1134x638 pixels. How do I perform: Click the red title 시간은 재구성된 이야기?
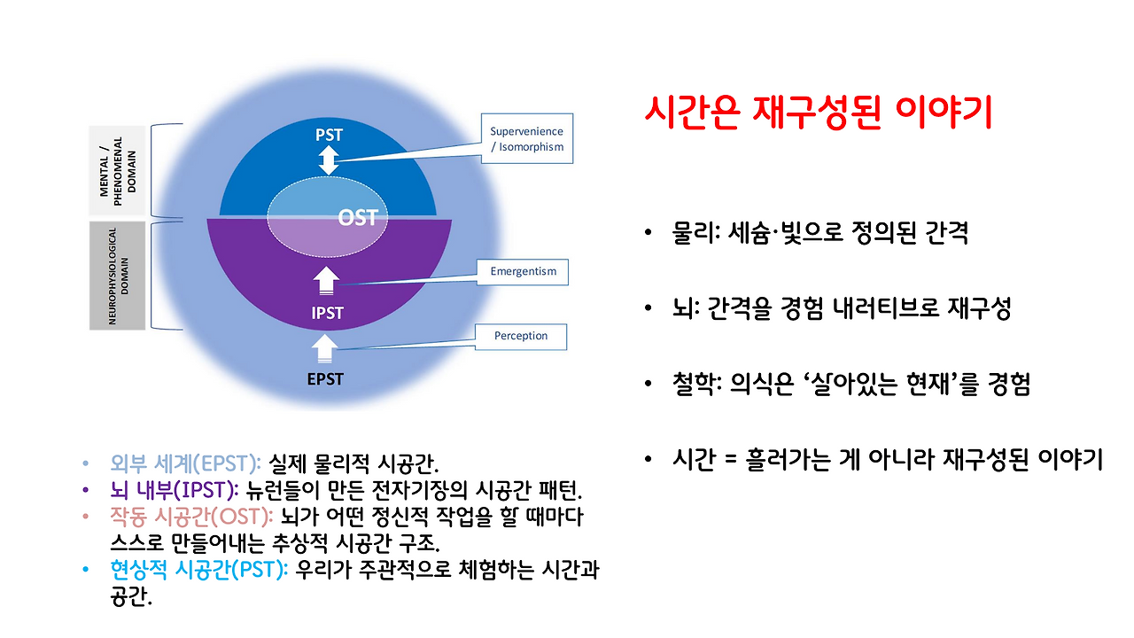coord(819,113)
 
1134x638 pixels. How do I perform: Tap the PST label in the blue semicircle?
coord(329,136)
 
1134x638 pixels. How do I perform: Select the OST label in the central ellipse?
coord(358,217)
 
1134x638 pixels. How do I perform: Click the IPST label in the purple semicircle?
coord(327,313)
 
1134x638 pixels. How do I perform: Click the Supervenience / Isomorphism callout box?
coord(526,139)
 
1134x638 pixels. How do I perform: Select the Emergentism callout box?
coord(524,271)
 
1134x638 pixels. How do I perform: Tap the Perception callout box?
coord(521,336)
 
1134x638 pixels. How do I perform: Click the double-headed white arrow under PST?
coord(329,160)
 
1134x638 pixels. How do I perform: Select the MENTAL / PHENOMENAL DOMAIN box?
coord(118,172)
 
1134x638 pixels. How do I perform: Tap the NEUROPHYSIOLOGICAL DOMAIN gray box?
coord(118,276)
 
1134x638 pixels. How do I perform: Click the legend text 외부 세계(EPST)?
coord(185,463)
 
